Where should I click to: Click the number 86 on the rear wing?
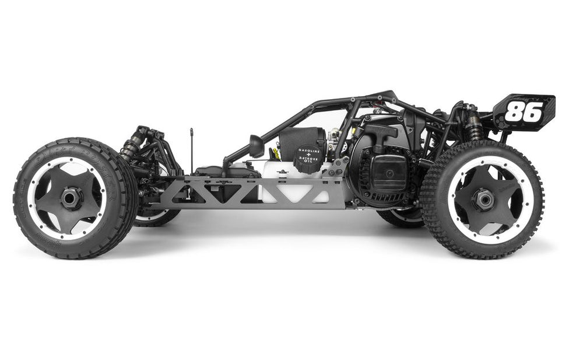click(x=523, y=111)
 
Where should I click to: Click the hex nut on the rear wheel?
click(x=483, y=200)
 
